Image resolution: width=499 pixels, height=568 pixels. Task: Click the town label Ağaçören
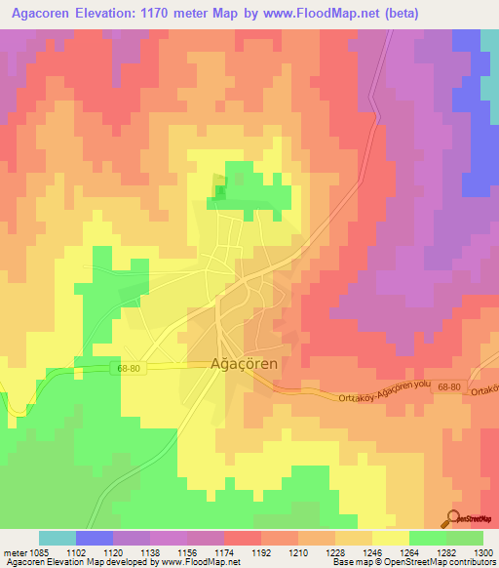(x=246, y=363)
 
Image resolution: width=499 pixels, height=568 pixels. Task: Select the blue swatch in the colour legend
(x=95, y=538)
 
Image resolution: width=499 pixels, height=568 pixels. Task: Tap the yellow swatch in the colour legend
(x=390, y=538)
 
